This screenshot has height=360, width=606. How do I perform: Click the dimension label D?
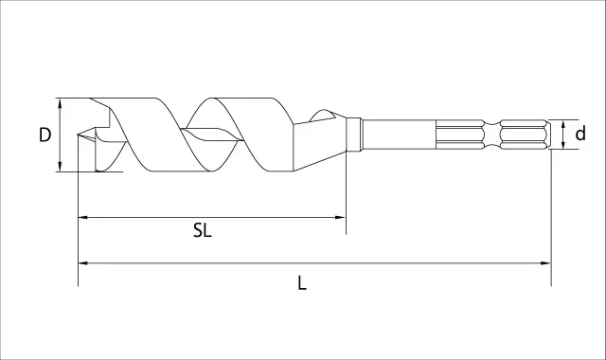[45, 135]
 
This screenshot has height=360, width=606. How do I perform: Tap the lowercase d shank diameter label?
[580, 134]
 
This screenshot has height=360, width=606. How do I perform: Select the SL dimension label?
[203, 231]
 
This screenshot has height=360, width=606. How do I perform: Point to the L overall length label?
[302, 283]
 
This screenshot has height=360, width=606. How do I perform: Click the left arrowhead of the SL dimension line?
[83, 218]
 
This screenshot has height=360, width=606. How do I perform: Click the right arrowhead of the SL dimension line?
[340, 217]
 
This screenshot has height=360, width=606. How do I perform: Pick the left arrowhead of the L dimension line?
[83, 263]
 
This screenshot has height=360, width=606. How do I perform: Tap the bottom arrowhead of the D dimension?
[60, 167]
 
